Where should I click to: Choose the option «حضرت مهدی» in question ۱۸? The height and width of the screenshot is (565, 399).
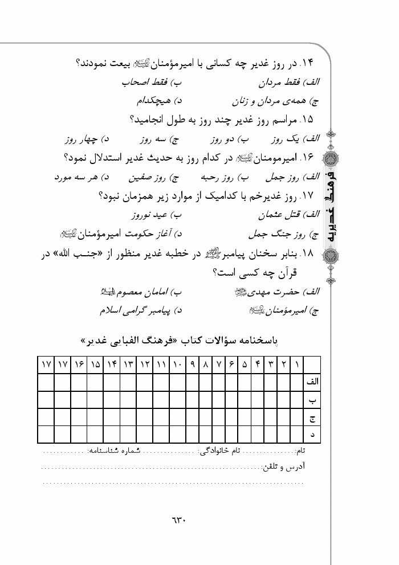tap(272, 292)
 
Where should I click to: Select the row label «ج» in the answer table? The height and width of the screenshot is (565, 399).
tap(312, 417)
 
